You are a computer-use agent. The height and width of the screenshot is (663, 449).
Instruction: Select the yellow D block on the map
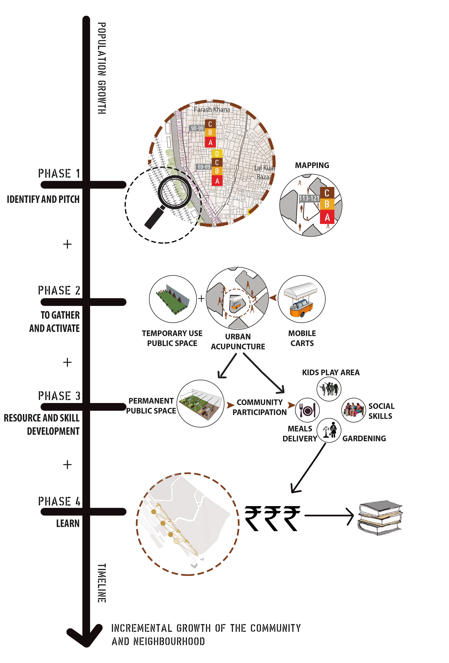point(217,154)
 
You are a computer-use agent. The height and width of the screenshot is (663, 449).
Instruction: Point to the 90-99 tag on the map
point(197,128)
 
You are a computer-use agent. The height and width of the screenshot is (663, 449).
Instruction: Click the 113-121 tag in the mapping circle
point(309,198)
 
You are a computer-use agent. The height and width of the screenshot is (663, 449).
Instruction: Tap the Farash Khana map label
point(212,109)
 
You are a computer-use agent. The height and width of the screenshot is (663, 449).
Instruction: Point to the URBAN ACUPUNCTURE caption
point(238,342)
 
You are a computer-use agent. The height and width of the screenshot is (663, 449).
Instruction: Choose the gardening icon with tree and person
point(329,430)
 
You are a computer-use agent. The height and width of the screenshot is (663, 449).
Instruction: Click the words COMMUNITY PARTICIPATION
point(259,407)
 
